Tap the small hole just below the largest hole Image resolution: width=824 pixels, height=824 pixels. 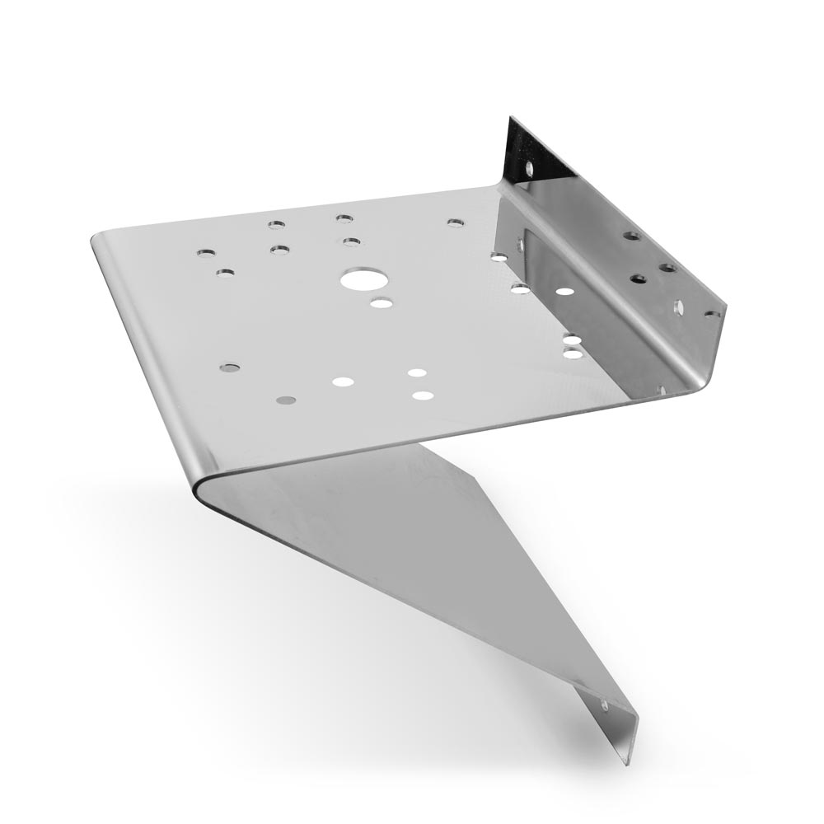tap(381, 303)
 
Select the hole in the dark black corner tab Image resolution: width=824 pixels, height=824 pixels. tap(528, 168)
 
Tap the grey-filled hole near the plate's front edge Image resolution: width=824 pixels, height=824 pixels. tap(286, 400)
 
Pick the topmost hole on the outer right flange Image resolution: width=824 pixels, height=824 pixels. tap(632, 236)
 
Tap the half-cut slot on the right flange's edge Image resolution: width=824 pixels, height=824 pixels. tap(711, 314)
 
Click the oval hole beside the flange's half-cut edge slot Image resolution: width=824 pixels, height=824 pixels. tap(678, 307)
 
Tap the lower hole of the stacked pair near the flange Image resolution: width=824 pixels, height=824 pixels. tap(572, 353)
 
